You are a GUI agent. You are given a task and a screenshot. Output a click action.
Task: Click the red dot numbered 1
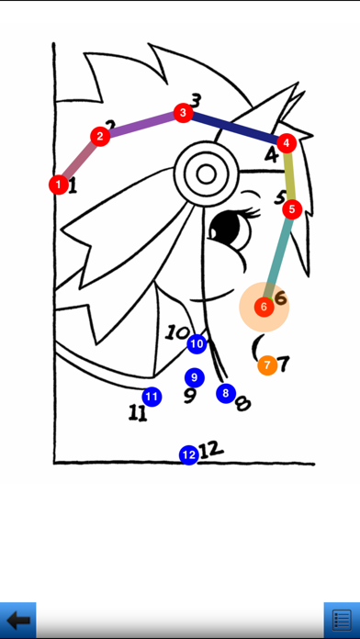[59, 185]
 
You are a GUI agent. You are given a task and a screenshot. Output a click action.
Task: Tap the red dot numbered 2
[100, 137]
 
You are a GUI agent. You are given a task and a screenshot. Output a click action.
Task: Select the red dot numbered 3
[183, 113]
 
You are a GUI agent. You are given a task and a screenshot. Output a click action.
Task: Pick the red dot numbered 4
[287, 143]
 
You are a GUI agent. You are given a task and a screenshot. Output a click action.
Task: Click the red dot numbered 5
[292, 209]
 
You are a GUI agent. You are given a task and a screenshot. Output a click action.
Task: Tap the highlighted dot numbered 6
[264, 307]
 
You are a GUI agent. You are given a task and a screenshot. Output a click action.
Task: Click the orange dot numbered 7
[267, 365]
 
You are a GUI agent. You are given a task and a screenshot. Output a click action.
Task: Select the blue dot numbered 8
[226, 393]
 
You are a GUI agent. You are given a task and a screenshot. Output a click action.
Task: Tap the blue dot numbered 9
[195, 377]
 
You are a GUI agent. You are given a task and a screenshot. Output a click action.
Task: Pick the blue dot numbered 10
[197, 344]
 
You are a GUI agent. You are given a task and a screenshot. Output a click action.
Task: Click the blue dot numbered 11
[152, 397]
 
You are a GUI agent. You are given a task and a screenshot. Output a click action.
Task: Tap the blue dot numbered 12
[189, 454]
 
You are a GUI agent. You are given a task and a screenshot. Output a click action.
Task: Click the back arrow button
[18, 621]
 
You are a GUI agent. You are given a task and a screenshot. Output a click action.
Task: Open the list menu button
[342, 621]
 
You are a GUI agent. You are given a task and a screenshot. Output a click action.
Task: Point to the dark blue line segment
[235, 128]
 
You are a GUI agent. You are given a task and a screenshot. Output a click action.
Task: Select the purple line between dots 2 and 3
[141, 125]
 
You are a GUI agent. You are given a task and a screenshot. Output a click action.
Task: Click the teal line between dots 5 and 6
[278, 258]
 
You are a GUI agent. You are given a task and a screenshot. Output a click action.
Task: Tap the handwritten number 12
[211, 450]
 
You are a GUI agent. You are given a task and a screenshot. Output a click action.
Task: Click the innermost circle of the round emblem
[206, 174]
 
